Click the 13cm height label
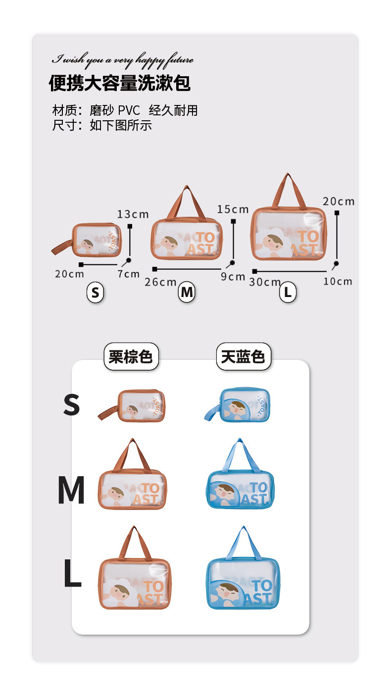click(x=133, y=214)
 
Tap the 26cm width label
click(x=160, y=282)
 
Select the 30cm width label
click(x=265, y=282)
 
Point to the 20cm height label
click(x=339, y=201)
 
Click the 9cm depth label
click(x=233, y=276)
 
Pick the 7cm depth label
click(x=129, y=274)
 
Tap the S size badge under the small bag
click(x=95, y=293)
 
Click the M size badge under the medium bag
click(x=187, y=293)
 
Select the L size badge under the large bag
click(x=288, y=293)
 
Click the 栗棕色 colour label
click(x=131, y=356)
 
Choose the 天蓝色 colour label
click(x=243, y=356)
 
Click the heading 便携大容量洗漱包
click(x=119, y=83)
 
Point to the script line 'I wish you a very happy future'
click(x=123, y=60)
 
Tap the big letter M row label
click(x=71, y=490)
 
